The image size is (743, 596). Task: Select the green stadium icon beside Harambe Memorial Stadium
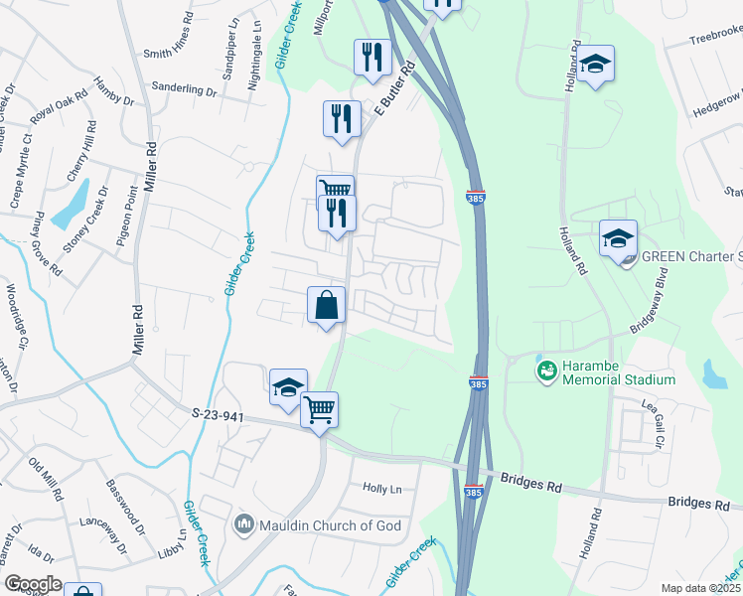(x=545, y=372)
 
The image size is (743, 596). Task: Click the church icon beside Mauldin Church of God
(x=243, y=523)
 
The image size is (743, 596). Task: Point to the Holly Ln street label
(x=382, y=489)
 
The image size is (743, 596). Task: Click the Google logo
(x=33, y=584)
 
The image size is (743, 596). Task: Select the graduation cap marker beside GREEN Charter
(x=618, y=238)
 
